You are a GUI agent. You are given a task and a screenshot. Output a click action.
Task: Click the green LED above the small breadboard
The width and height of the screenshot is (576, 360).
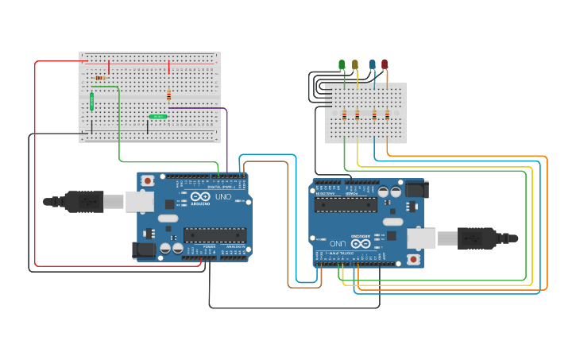click(342, 64)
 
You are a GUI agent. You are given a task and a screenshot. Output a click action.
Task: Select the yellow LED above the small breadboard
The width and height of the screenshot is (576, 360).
click(355, 64)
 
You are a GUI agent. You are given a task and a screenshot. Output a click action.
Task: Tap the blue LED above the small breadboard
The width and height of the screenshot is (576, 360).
click(372, 64)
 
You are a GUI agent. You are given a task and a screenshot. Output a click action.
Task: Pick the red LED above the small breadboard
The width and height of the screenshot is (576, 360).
click(385, 64)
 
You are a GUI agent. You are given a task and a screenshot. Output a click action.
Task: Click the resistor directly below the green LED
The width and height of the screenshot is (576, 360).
click(344, 114)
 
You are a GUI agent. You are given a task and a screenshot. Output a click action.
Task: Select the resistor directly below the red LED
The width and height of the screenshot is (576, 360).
click(387, 114)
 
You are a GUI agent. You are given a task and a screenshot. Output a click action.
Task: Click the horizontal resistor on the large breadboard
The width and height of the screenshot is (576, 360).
click(100, 78)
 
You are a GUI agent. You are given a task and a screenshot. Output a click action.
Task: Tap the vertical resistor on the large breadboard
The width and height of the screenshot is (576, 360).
click(168, 95)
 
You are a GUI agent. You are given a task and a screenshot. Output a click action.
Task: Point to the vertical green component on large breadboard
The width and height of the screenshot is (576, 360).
click(92, 101)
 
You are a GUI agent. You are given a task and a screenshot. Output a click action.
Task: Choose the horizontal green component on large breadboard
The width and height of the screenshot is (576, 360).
click(158, 116)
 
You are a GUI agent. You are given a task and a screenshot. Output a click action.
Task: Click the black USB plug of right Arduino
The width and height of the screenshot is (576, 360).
click(477, 238)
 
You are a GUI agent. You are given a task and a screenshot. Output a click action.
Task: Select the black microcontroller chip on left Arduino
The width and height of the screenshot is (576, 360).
click(215, 235)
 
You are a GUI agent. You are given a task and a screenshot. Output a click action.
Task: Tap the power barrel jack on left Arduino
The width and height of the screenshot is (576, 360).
click(143, 250)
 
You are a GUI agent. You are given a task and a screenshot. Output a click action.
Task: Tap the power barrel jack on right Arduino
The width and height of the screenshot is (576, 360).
click(416, 189)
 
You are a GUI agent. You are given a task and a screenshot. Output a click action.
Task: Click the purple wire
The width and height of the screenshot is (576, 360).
click(227, 135)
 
